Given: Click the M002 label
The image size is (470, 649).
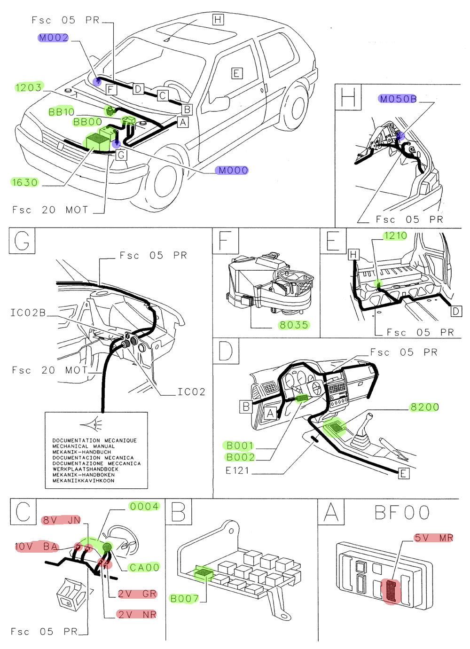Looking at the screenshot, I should pos(54,38).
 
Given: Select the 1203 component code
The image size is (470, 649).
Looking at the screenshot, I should pos(29,87).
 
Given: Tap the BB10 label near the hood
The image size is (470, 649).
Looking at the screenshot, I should pos(62,112).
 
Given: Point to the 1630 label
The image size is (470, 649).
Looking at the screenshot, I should pos(25,182).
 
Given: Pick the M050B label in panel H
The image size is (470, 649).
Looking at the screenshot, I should pos(398,99).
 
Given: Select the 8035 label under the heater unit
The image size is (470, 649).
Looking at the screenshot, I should pos(294,325).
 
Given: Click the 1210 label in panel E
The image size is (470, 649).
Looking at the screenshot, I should pos(395,236).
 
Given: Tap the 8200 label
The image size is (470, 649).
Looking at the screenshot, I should pos(424,407).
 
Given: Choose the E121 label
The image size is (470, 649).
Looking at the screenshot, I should pos(237,470).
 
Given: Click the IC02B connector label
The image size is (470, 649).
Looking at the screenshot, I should pos(28,313).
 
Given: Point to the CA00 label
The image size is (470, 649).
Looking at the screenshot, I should pos(144,567).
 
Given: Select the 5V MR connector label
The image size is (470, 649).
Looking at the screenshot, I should pos(433,538).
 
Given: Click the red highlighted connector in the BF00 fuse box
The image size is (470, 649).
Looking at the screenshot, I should pos(392,591).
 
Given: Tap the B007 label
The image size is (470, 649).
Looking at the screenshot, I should pos(184,598).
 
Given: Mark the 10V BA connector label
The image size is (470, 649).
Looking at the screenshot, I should pos(36,547).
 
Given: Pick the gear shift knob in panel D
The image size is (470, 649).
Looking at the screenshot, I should pos(370,416).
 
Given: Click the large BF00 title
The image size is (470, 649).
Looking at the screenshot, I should pos(402,513).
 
